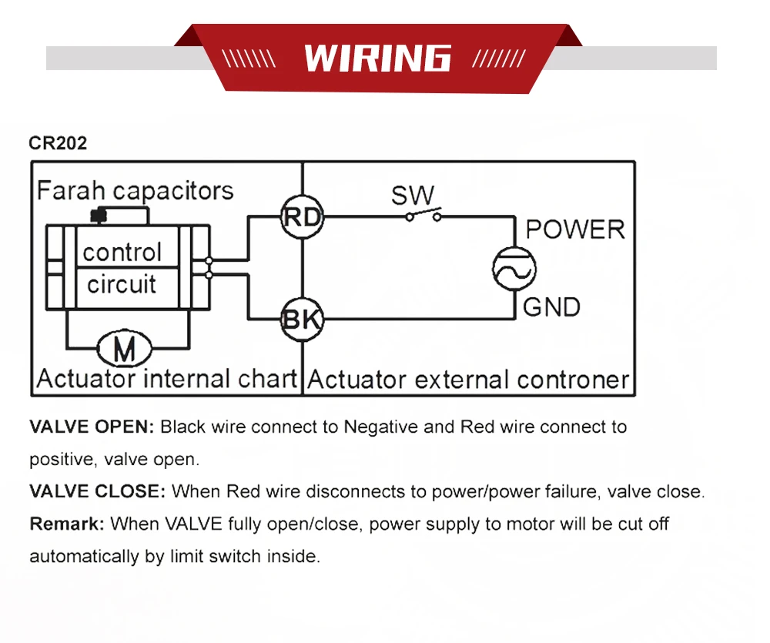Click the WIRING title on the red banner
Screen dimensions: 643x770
377,59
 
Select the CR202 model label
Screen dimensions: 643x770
58,143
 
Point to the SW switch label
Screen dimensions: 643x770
413,196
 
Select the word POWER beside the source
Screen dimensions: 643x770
574,229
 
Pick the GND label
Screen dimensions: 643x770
551,307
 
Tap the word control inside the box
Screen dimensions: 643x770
122,253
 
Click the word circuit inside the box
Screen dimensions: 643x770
122,284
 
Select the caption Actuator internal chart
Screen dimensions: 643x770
166,379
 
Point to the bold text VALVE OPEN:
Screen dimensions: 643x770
92,427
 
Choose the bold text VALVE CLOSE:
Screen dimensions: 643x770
97,491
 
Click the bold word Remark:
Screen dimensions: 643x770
66,524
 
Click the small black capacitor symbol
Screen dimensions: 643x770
98,214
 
